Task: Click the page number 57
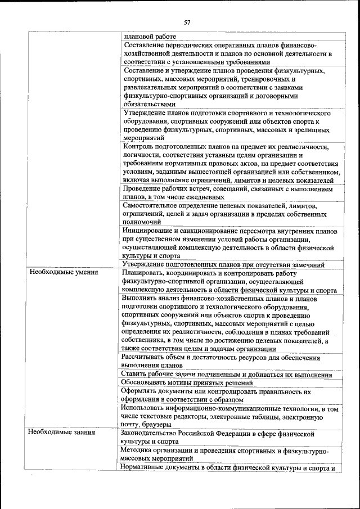187,22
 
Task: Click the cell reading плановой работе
146,37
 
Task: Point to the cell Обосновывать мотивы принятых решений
187,382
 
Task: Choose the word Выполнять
141,298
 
